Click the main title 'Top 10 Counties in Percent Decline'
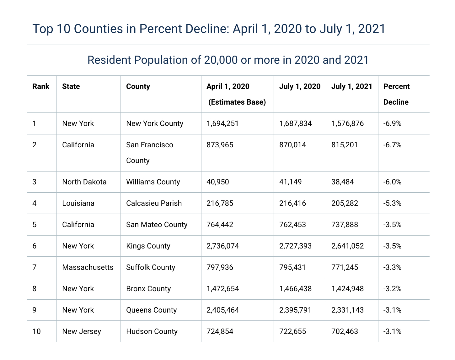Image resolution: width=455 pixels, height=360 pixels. (209, 29)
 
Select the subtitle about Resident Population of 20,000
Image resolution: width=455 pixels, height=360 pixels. (228, 60)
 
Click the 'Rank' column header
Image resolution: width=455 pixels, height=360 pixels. (41, 86)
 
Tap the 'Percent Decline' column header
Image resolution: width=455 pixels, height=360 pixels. (396, 94)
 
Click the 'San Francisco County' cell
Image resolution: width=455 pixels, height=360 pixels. (150, 153)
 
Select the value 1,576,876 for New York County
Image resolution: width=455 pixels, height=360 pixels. (347, 123)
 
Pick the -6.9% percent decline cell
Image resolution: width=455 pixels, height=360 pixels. (392, 123)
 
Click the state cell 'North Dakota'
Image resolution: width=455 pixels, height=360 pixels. (84, 182)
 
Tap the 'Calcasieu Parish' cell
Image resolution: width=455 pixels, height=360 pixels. (154, 203)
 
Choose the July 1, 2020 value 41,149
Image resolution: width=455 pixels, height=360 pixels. (290, 182)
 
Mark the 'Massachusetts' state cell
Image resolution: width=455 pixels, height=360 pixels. (88, 267)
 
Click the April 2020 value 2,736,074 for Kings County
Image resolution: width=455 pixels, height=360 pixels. (222, 246)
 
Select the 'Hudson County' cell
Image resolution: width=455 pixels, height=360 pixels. (152, 331)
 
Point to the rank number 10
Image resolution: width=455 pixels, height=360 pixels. (36, 331)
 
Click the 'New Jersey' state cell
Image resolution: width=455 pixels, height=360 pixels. (82, 331)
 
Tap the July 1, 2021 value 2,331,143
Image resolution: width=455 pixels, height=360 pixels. (347, 310)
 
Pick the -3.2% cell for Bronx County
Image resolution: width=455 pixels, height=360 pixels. (392, 289)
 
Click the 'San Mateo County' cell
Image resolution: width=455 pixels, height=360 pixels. (157, 225)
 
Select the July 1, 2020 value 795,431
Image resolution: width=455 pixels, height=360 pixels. (292, 267)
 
